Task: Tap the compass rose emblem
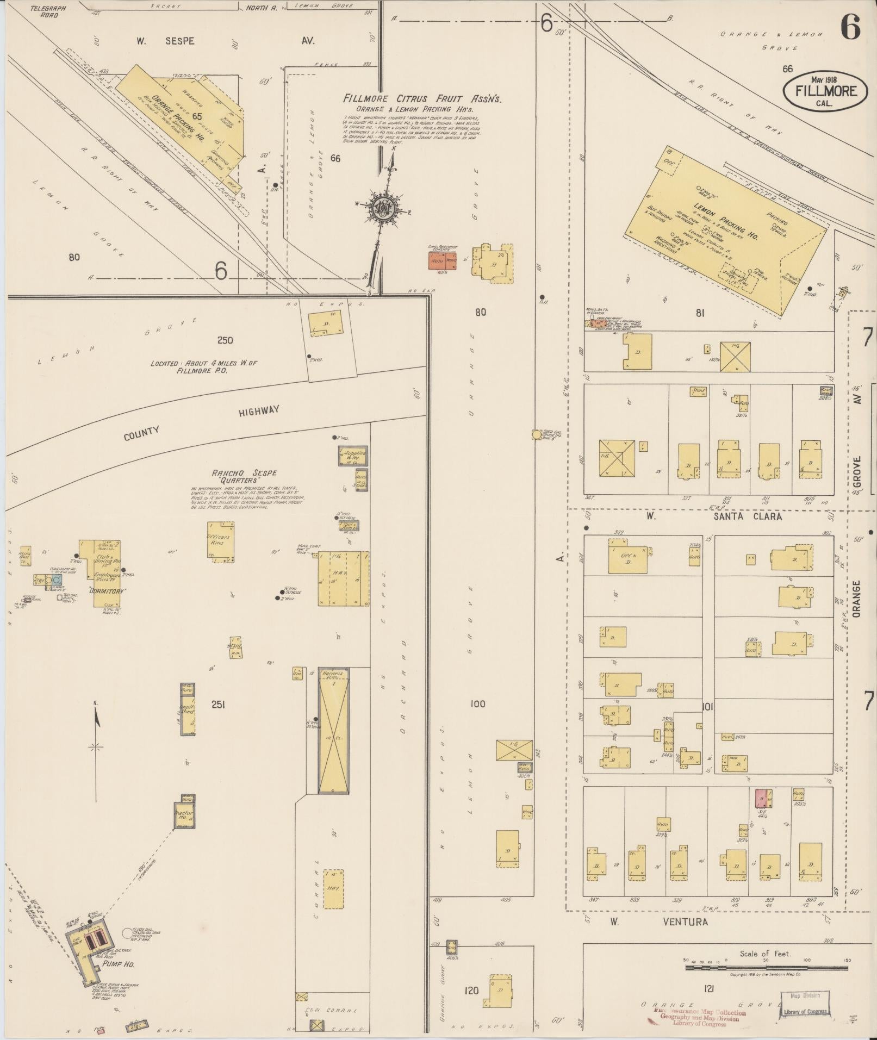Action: pyautogui.click(x=383, y=207)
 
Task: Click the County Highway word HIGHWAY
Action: pyautogui.click(x=259, y=411)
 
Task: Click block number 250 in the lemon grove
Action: pyautogui.click(x=225, y=340)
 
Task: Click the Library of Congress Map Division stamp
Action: pyautogui.click(x=805, y=1004)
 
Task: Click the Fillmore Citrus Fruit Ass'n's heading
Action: pyautogui.click(x=422, y=99)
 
